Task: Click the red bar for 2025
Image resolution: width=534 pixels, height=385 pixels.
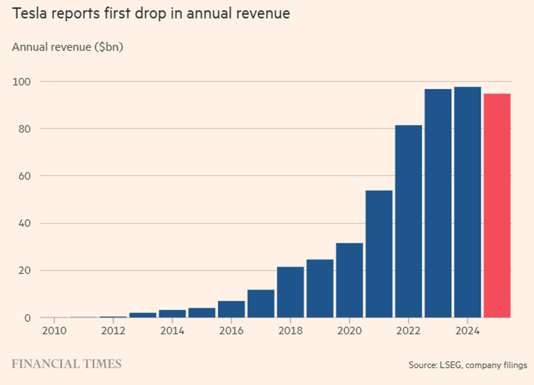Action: point(497,205)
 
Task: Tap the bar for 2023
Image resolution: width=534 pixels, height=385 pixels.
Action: point(439,203)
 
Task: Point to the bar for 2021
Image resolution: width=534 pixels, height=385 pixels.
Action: point(379,254)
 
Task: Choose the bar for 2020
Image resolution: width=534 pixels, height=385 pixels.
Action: point(349,280)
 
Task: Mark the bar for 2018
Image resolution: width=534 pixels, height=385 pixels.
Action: point(290,292)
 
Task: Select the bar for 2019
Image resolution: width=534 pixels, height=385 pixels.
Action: point(320,288)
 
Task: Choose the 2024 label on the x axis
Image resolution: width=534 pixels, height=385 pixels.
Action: point(468,330)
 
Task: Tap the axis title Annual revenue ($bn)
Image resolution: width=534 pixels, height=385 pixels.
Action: point(68,47)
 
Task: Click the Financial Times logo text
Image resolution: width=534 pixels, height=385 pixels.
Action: point(67,364)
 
